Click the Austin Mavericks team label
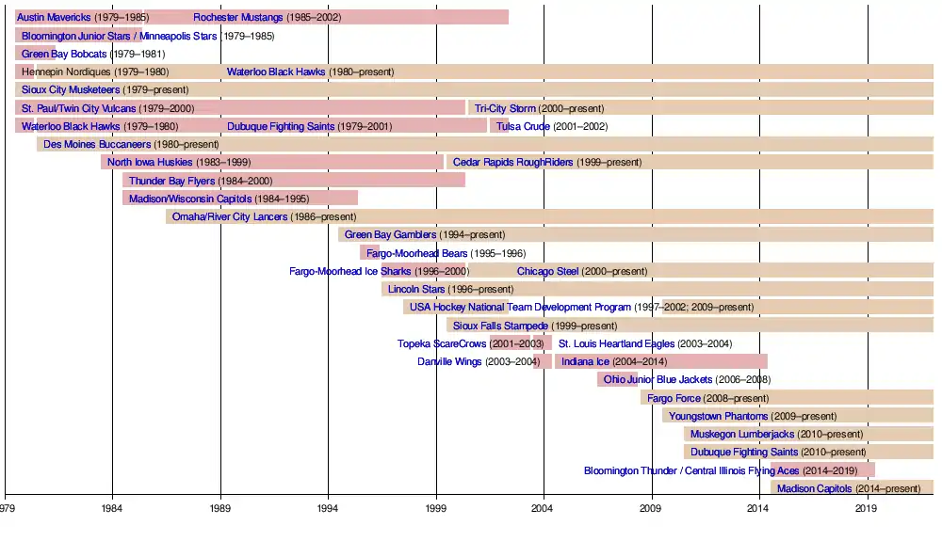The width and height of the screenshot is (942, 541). pyautogui.click(x=55, y=18)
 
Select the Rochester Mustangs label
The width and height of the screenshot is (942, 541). pyautogui.click(x=237, y=18)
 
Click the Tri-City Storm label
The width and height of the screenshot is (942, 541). pyautogui.click(x=505, y=108)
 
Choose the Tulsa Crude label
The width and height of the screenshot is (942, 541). pyautogui.click(x=523, y=126)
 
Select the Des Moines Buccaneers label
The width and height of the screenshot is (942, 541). pyautogui.click(x=97, y=145)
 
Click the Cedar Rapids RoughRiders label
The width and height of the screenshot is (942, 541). pyautogui.click(x=512, y=163)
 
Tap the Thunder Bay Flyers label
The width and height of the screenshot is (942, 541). pyautogui.click(x=171, y=181)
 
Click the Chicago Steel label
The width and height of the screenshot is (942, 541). pyautogui.click(x=547, y=271)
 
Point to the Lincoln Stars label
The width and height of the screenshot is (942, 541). pyautogui.click(x=416, y=289)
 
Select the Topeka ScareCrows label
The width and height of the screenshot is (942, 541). pyautogui.click(x=442, y=343)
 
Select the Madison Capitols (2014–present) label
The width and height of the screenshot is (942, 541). pyautogui.click(x=815, y=488)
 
